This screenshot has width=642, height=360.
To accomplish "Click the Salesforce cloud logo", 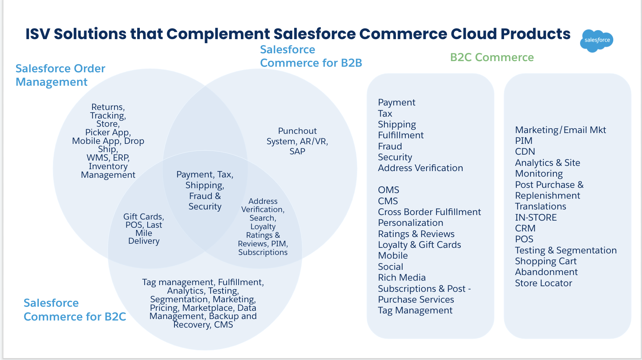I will tap(597, 40).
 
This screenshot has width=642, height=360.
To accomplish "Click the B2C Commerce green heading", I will tap(492, 57).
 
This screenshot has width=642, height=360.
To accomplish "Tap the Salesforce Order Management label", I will tap(60, 75).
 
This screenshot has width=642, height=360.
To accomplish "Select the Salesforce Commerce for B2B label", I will tap(311, 56).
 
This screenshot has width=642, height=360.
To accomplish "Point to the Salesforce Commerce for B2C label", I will tap(75, 310).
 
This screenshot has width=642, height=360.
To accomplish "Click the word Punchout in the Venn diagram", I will tap(297, 131).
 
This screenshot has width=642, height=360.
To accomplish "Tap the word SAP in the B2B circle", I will tap(297, 152).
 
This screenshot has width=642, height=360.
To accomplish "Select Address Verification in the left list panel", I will tap(420, 168).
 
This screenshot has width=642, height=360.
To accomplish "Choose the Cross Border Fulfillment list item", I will tap(429, 212).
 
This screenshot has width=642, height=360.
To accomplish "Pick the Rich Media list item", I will tap(402, 278).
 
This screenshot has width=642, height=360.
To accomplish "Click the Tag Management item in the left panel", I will tap(415, 310).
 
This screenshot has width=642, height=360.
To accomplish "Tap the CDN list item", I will tap(525, 152).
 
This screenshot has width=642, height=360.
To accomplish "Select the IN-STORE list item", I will tap(535, 218).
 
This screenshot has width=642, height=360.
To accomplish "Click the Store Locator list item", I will tap(543, 283).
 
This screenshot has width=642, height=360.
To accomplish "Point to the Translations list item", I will tap(540, 206).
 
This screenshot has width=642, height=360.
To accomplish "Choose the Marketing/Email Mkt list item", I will tap(560, 130).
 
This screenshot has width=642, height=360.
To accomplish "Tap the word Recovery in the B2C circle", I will tap(192, 325).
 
